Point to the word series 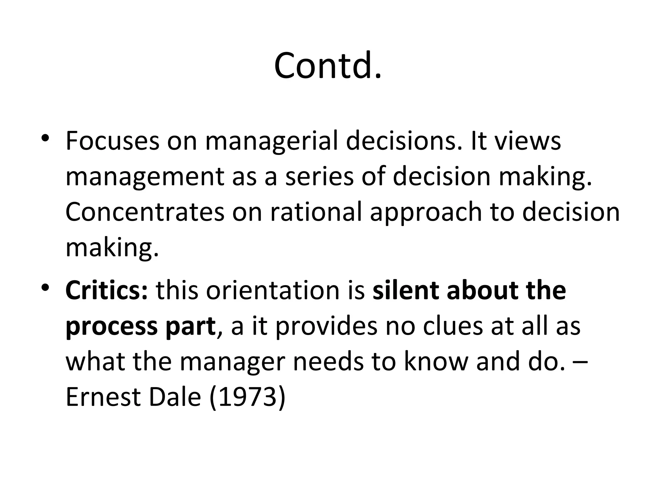pyautogui.click(x=319, y=176)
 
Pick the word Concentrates pyautogui.click(x=145, y=212)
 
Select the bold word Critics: pyautogui.click(x=107, y=290)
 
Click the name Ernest pyautogui.click(x=103, y=397)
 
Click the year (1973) pyautogui.click(x=247, y=398)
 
